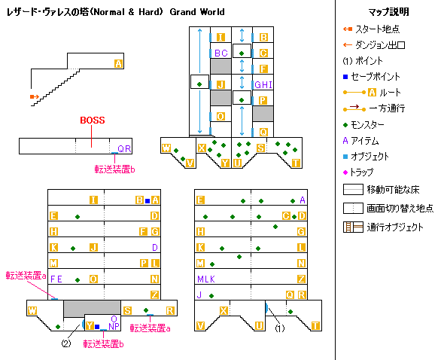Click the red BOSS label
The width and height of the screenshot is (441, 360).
[93, 121]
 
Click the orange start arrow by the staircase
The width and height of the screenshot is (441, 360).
[35, 97]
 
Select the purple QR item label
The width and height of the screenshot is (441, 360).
[124, 149]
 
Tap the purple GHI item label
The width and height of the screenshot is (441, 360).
[263, 84]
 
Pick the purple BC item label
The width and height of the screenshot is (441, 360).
[220, 53]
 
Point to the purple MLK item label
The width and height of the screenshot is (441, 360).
[206, 279]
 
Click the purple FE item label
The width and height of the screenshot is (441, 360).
[56, 279]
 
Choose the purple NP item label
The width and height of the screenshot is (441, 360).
[114, 326]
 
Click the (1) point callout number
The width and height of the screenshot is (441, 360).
[279, 328]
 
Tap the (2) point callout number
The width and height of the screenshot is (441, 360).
[66, 343]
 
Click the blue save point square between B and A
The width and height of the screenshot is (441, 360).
[148, 201]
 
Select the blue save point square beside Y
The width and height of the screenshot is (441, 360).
[97, 327]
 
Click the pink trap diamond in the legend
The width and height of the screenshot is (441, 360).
[345, 172]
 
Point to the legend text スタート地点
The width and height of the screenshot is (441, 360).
[377, 29]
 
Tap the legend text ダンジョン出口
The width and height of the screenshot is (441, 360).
[380, 44]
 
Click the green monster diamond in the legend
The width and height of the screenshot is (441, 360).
[345, 125]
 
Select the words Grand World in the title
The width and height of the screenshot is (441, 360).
[197, 12]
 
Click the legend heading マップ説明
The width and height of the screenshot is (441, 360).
[388, 12]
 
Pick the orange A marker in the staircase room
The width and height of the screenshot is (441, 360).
[118, 63]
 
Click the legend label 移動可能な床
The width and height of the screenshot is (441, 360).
[393, 190]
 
